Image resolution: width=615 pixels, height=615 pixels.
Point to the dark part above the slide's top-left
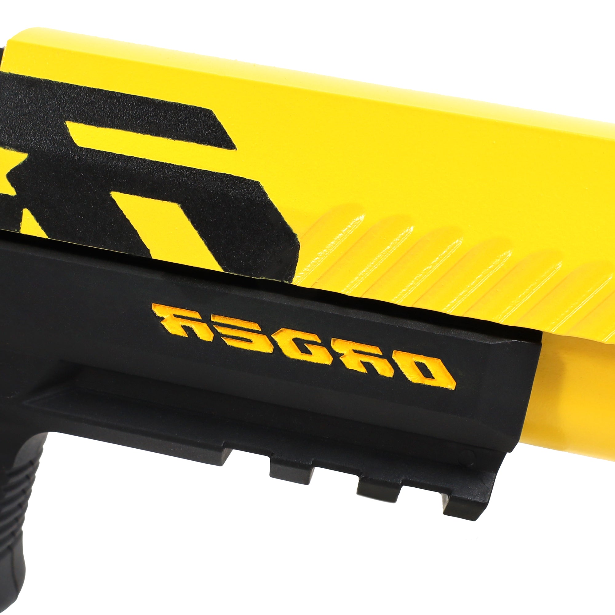[2, 51]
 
